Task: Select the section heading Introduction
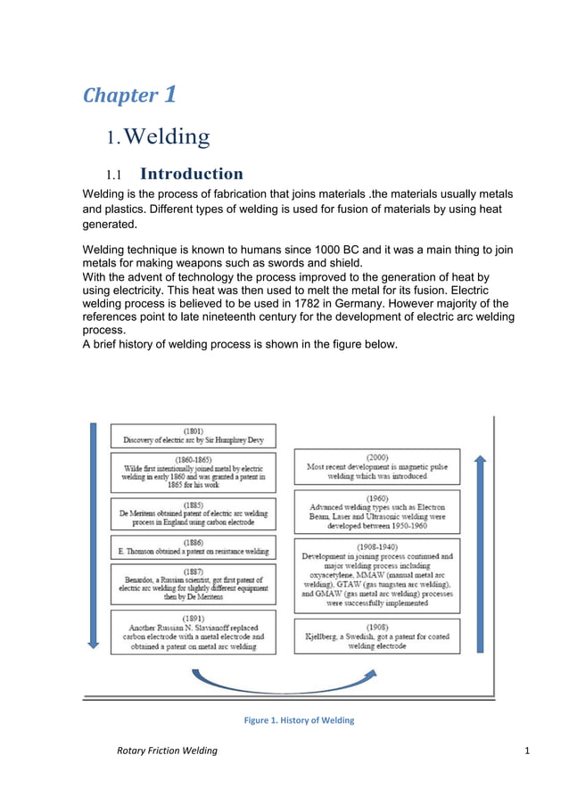(192, 174)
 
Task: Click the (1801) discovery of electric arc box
(194, 435)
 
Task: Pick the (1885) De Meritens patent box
(194, 513)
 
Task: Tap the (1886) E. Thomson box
(194, 547)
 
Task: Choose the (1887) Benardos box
(194, 584)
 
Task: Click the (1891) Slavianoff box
(194, 632)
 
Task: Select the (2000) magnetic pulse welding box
(377, 465)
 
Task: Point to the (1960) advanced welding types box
(377, 511)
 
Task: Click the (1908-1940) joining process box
(377, 574)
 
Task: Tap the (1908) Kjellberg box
(377, 636)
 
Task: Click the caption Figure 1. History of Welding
(299, 720)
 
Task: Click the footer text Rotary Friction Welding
(167, 751)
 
